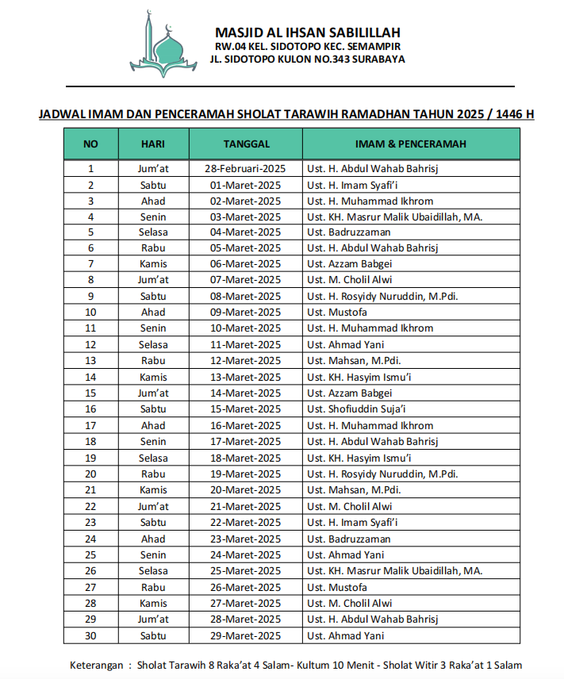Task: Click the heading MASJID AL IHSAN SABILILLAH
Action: point(307,33)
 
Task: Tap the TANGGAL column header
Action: point(246,144)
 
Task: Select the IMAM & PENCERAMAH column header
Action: point(410,144)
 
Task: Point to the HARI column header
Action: point(153,144)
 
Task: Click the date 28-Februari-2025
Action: point(245,168)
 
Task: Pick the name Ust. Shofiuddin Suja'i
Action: point(356,409)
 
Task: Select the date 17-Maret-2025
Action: point(245,442)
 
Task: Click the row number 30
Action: point(90,635)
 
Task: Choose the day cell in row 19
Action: point(153,458)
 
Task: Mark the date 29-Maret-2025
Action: point(245,635)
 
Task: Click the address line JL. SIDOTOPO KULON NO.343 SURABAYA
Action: point(307,59)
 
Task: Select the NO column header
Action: point(90,144)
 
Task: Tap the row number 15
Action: point(90,393)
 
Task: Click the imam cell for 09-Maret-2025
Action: point(337,313)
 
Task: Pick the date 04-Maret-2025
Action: point(245,232)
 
